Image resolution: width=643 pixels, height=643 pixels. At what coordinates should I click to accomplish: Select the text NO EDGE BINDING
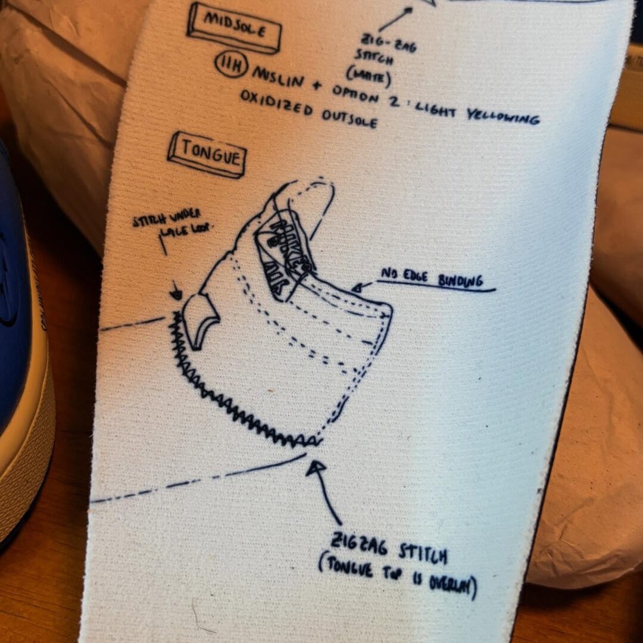coord(431,279)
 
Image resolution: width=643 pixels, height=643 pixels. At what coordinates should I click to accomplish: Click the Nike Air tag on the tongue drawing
coord(282,253)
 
